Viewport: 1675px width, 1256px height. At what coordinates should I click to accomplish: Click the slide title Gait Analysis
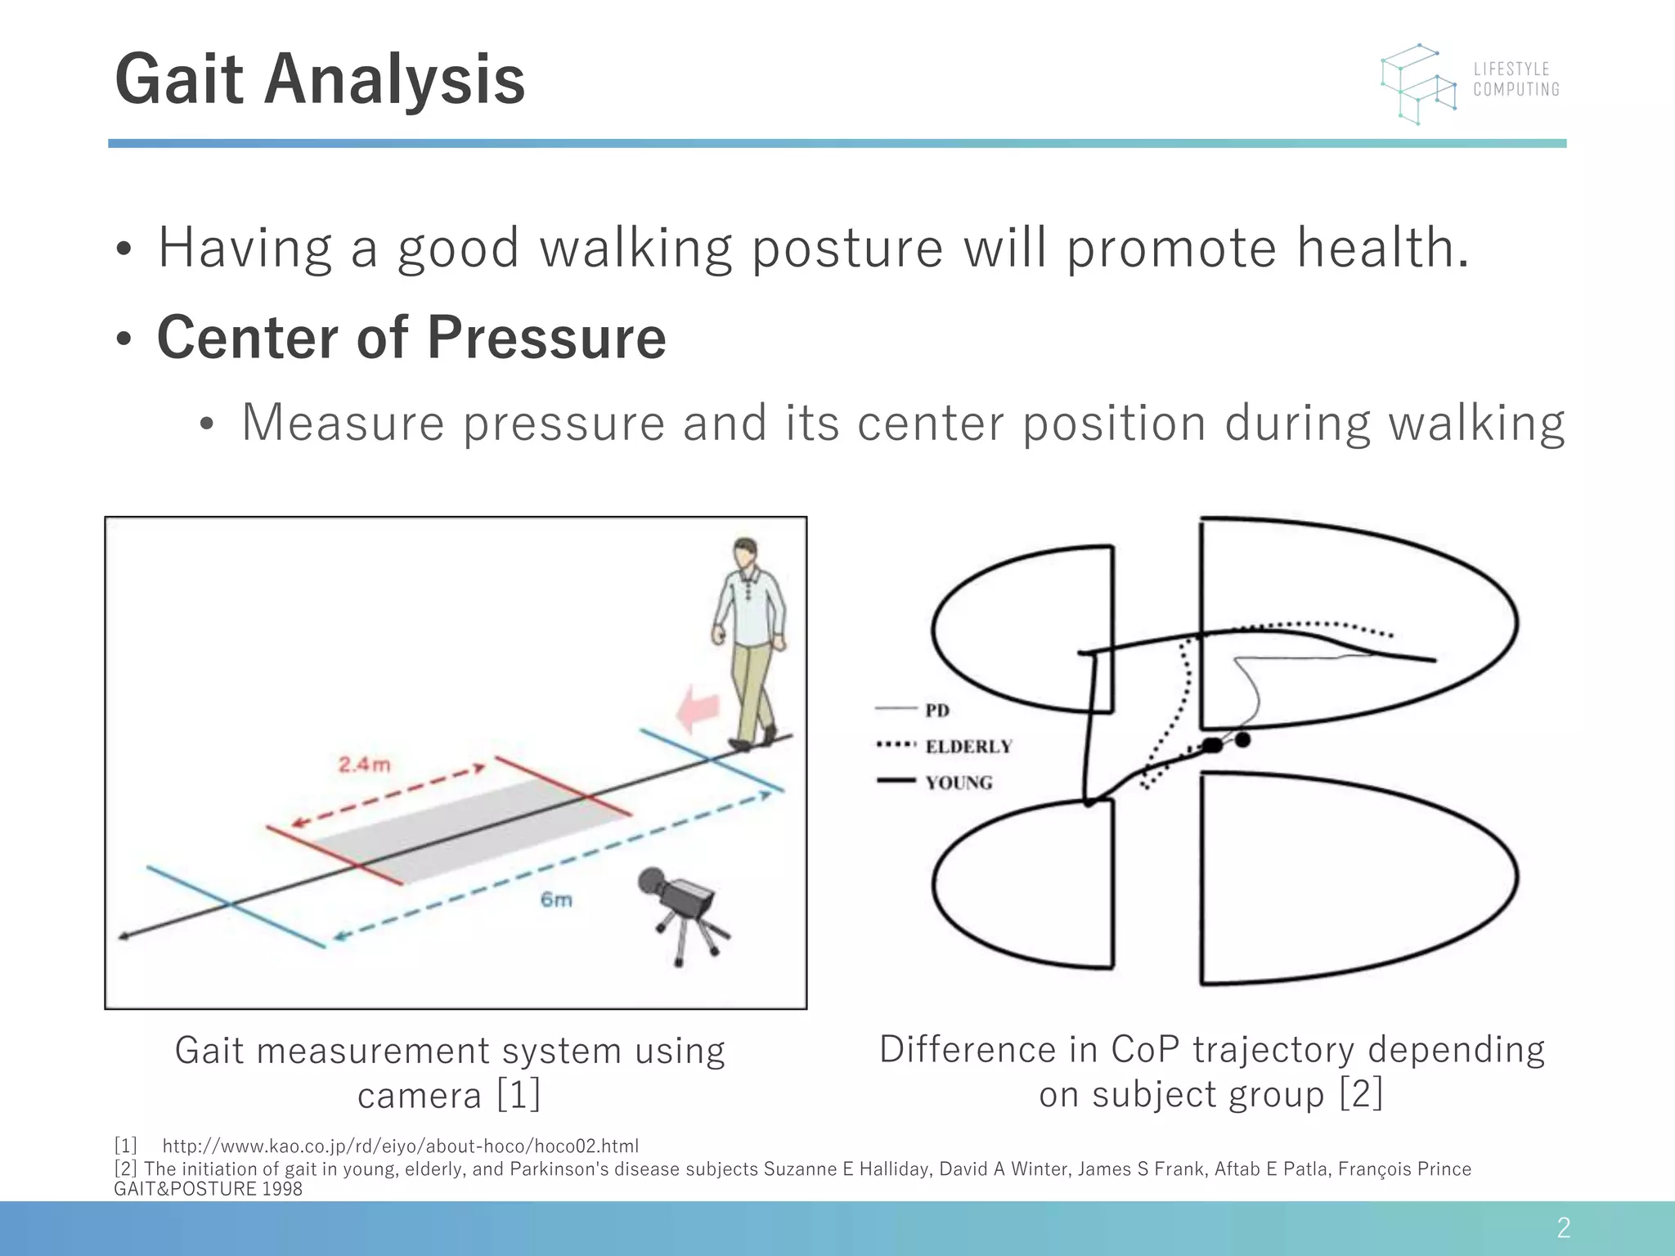coord(320,79)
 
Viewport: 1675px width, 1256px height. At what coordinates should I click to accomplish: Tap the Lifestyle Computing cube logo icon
coord(1419,84)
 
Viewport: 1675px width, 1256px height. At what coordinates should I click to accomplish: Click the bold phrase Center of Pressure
coord(411,337)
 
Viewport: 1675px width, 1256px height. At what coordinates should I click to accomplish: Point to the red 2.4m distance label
coord(365,765)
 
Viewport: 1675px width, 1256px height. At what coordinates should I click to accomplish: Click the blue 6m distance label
coord(556,899)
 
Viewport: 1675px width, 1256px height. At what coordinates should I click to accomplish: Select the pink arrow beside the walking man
coord(697,708)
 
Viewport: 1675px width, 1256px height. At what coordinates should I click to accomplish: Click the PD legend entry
coord(936,710)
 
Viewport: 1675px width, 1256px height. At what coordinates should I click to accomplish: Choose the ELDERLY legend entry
coord(968,746)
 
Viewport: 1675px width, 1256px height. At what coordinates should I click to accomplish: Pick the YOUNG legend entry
coord(959,783)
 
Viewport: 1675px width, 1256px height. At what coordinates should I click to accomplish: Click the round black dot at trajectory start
coord(1242,739)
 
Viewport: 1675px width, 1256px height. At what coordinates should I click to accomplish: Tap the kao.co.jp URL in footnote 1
coord(400,1146)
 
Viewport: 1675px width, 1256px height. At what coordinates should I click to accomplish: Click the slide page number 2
coord(1563,1227)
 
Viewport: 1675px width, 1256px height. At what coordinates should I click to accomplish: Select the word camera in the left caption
coord(420,1095)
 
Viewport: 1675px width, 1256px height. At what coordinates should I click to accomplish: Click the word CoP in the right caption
coord(1145,1049)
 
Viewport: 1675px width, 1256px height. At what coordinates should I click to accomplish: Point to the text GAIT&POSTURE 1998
coord(208,1189)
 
